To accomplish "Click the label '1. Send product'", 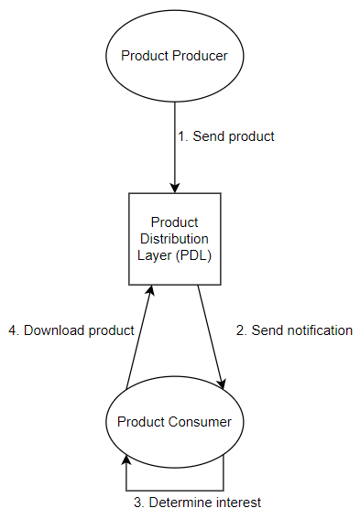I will pyautogui.click(x=225, y=135).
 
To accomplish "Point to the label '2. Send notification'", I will pyautogui.click(x=294, y=330).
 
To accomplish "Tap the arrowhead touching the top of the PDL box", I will pyautogui.click(x=174, y=187).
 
